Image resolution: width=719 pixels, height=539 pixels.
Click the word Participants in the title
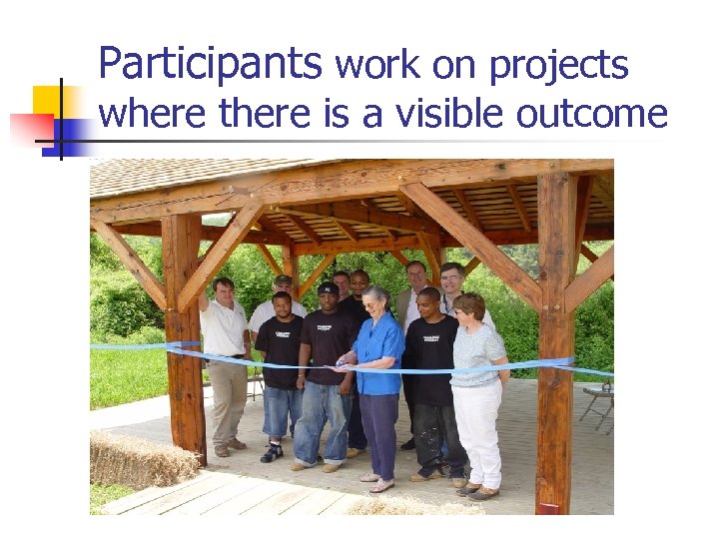click(x=210, y=65)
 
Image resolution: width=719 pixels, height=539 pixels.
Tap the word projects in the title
click(x=558, y=67)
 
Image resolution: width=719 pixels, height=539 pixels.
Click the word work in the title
click(x=378, y=66)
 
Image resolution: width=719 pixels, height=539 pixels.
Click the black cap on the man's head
click(x=329, y=288)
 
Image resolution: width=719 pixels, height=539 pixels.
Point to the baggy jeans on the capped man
click(x=323, y=419)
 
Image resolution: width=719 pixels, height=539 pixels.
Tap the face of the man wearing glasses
click(x=452, y=278)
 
